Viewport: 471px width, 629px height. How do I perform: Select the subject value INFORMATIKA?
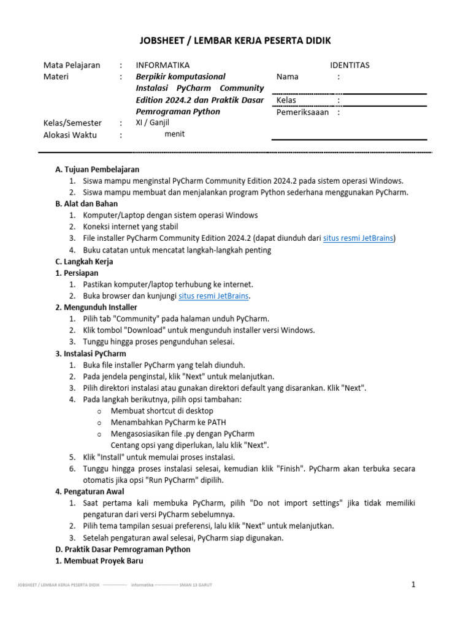click(x=163, y=65)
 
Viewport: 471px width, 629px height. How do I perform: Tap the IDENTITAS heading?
click(x=350, y=65)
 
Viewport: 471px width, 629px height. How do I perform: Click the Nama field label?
click(x=288, y=77)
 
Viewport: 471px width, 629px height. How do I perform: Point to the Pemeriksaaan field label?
click(x=302, y=112)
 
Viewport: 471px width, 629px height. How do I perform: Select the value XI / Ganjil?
click(x=153, y=122)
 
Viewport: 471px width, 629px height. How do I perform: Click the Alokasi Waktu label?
click(x=70, y=135)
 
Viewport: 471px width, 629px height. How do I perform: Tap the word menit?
click(x=175, y=134)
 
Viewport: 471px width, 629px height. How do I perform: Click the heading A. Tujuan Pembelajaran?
click(x=97, y=169)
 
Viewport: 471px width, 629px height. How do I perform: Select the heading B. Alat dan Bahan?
click(x=86, y=203)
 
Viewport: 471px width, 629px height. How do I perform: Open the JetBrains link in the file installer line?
click(x=358, y=238)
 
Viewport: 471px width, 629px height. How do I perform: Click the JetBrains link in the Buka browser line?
click(x=213, y=295)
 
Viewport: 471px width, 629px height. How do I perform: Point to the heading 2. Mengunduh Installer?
click(x=96, y=307)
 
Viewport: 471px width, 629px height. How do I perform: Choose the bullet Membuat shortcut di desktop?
click(x=162, y=410)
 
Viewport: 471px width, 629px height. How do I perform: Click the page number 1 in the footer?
click(x=413, y=584)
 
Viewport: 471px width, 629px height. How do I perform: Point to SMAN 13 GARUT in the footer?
click(x=196, y=585)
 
